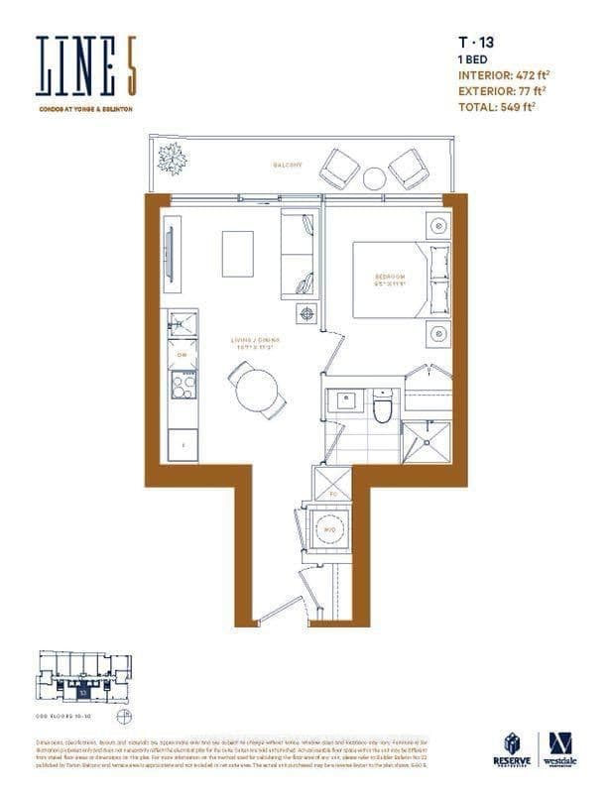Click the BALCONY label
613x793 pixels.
[288, 165]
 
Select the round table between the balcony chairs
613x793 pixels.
[373, 178]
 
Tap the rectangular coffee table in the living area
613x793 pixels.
[237, 254]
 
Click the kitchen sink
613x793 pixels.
[182, 324]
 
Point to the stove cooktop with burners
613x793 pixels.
[183, 384]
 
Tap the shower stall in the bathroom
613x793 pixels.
[427, 442]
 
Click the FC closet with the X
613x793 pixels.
[331, 483]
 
